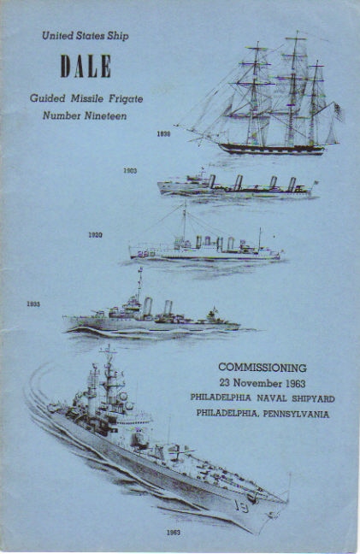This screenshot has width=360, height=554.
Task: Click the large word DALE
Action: (x=86, y=66)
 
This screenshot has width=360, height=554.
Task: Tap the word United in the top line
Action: (x=54, y=36)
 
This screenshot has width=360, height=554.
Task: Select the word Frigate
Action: (x=126, y=98)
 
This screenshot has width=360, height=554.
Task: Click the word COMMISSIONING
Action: (x=263, y=368)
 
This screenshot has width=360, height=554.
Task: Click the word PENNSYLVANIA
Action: (x=296, y=414)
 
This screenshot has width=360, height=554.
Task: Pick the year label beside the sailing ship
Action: (x=163, y=134)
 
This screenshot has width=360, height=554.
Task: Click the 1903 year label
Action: (x=130, y=171)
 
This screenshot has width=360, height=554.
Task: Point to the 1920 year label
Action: (x=96, y=235)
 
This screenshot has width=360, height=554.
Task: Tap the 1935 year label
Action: (x=33, y=304)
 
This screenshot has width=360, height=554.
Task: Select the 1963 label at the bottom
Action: (x=174, y=533)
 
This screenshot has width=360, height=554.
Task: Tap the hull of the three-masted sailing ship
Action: (x=271, y=149)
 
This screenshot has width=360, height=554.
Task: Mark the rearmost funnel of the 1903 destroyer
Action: (x=292, y=183)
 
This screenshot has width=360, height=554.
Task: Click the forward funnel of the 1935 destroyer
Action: (x=147, y=306)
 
